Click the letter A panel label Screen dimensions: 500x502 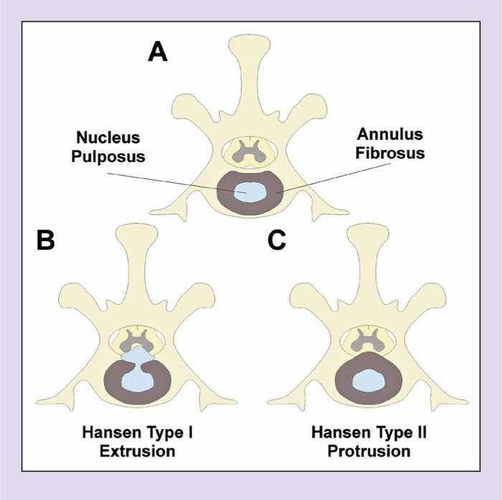[157, 52]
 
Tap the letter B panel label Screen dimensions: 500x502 [45, 240]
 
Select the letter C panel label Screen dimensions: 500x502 [276, 240]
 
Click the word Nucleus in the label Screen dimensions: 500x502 [110, 137]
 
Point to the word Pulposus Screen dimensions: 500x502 [110, 156]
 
